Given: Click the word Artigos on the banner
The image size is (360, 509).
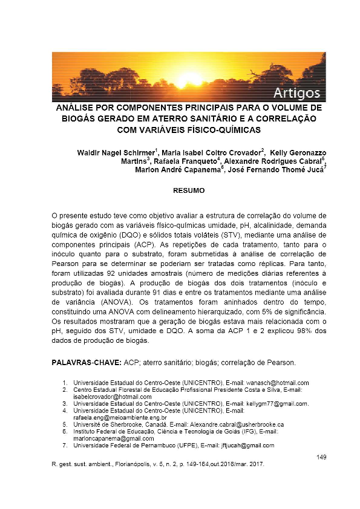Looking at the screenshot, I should (x=296, y=92).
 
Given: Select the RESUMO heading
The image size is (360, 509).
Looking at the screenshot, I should (x=189, y=190).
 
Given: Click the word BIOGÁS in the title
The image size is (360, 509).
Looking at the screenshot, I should (x=83, y=118).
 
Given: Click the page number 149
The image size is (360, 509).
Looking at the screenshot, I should (x=322, y=457).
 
